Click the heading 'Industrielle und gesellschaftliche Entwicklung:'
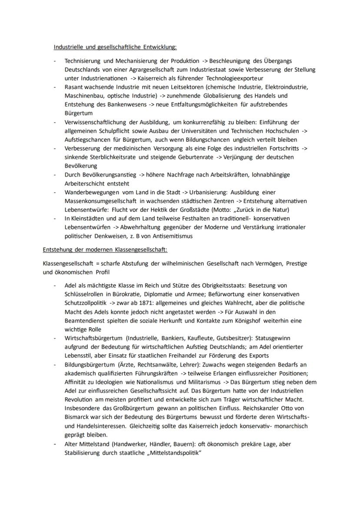click(115, 47)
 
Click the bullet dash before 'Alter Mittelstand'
click(55, 444)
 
